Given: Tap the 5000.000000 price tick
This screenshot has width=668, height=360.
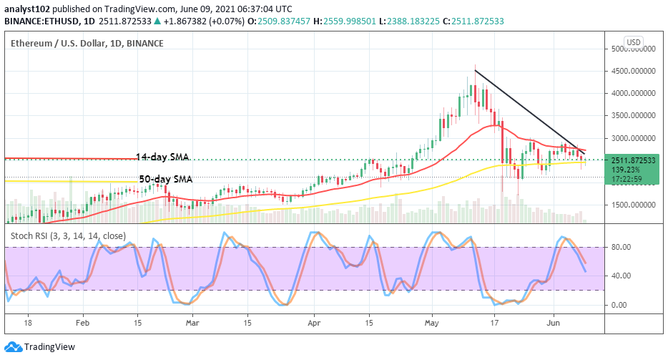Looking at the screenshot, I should click(632, 49).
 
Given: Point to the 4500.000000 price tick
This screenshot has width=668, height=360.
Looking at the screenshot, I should click(632, 71).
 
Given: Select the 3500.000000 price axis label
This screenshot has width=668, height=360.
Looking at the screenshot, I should click(632, 115).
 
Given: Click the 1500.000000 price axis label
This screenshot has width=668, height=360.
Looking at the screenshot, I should click(632, 205).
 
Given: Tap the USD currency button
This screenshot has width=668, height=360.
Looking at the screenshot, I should click(634, 42).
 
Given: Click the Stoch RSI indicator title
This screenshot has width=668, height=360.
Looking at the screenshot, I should click(68, 235).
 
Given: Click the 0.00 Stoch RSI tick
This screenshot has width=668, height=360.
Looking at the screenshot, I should click(621, 305).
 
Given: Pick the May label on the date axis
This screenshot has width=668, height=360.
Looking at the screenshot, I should click(431, 323).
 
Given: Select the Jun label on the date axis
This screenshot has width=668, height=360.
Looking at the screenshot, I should click(554, 323).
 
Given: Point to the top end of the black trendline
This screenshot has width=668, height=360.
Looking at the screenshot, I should click(475, 69).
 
